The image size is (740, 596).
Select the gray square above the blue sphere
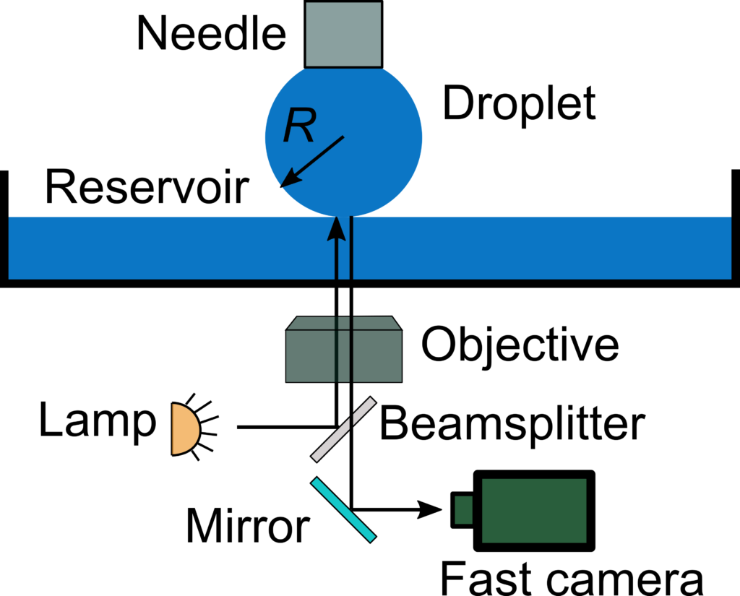point(343,34)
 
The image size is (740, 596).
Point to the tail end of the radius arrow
point(343,137)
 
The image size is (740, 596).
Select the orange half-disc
point(184,429)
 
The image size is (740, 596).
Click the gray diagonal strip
point(343,429)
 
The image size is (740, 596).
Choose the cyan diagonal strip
point(343,509)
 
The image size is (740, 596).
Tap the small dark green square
point(463,510)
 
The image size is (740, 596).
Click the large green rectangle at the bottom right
point(534,510)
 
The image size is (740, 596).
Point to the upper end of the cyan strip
point(315,481)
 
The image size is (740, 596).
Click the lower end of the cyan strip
point(372,537)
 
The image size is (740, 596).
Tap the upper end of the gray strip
point(372,400)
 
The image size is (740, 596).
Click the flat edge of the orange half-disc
point(173,429)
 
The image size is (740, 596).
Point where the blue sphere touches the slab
point(343,216)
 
